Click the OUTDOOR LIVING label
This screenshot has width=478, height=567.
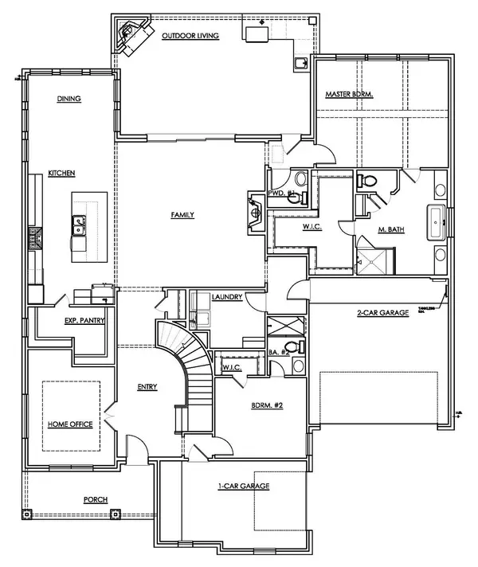tap(192, 36)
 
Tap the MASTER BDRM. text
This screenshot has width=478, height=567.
tap(349, 94)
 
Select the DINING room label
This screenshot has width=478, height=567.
tap(70, 99)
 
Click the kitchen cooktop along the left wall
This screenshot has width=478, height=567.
tap(35, 238)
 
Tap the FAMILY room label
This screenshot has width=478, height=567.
tap(182, 214)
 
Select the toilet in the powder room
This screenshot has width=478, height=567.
tap(299, 179)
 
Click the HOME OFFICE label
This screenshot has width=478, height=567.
tap(70, 424)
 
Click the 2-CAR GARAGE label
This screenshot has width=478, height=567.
tap(382, 313)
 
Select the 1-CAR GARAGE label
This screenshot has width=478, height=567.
tap(244, 485)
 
